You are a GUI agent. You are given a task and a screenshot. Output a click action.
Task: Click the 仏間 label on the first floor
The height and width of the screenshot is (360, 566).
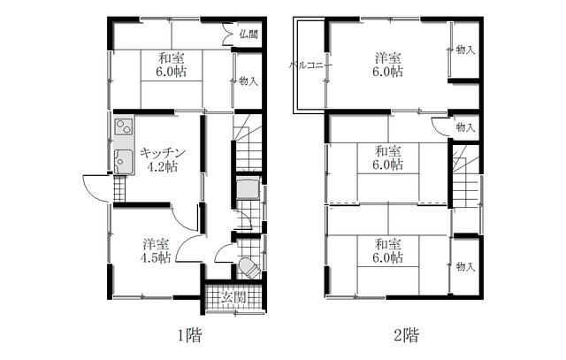pos(249,34)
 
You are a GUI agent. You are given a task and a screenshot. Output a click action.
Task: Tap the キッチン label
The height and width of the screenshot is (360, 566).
pos(163,153)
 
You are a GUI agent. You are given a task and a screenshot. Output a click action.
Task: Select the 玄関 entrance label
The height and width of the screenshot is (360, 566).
pos(233,297)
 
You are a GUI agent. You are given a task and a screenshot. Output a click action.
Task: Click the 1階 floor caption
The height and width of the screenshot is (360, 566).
pos(189,335)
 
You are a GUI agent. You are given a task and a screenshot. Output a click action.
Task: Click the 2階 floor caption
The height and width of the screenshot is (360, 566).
pos(406,335)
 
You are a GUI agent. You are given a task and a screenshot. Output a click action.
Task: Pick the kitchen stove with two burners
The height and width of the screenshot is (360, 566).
pos(124,126)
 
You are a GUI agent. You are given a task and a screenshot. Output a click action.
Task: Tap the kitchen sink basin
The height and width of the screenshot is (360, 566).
pos(123,161)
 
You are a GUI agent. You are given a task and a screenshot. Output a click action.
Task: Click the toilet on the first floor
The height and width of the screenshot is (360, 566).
pos(249,268)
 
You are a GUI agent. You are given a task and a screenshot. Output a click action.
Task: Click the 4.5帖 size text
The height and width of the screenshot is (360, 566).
pos(156,257)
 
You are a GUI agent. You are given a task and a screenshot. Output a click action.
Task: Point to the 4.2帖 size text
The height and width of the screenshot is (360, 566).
pos(162,167)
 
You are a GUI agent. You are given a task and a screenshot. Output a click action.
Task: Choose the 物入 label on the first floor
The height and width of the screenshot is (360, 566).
pos(249,80)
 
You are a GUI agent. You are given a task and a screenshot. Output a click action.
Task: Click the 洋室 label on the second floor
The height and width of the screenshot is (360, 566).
pos(387,57)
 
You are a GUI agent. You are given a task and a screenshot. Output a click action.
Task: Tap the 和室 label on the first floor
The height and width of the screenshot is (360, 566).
pos(171,57)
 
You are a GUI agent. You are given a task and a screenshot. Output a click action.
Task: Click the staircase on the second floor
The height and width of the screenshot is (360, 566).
pos(466,176)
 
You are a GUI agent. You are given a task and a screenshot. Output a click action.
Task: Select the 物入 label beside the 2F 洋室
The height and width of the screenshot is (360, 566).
pos(465,50)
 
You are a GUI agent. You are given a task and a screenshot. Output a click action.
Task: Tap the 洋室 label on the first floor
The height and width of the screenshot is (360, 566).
pos(156,244)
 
